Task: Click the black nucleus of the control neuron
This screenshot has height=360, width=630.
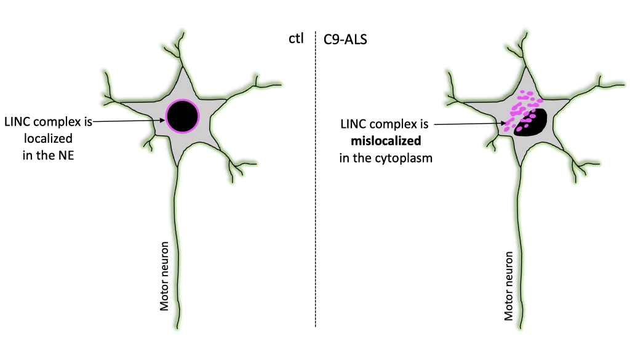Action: point(183,115)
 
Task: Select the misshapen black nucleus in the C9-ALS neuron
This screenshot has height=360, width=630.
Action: point(533,122)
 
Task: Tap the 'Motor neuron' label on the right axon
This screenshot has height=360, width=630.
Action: point(508,286)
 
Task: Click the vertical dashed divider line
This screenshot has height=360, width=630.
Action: point(316,185)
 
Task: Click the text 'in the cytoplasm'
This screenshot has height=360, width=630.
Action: point(386,158)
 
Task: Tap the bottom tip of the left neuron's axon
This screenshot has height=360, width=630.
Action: point(178,326)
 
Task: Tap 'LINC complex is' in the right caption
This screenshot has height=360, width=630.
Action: point(386,124)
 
